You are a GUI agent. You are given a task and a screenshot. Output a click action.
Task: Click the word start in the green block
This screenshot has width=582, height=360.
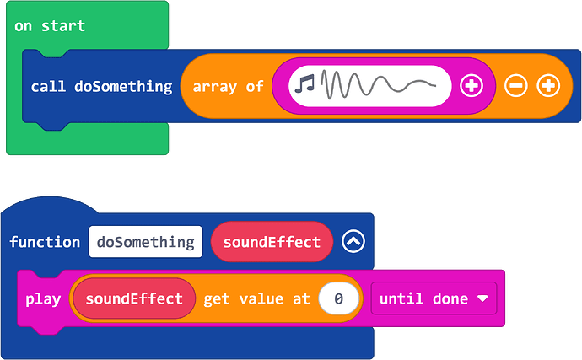(63, 26)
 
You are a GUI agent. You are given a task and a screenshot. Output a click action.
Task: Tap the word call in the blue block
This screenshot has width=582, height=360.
(48, 87)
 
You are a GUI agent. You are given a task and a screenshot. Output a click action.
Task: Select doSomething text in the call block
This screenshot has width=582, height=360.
(123, 87)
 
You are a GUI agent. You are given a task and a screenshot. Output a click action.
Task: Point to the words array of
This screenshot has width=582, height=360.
(228, 87)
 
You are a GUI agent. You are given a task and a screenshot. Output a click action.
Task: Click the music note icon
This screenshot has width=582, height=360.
(304, 83)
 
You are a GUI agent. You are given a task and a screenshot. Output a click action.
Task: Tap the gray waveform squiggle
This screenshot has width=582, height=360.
(378, 85)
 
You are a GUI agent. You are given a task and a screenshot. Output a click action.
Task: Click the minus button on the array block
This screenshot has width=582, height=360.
(515, 86)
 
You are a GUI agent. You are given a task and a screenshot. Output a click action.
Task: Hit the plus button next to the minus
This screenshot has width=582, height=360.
(548, 86)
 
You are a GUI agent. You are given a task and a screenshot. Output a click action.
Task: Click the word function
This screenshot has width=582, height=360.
(45, 242)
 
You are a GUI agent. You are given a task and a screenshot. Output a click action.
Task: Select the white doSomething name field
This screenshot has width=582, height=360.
(145, 242)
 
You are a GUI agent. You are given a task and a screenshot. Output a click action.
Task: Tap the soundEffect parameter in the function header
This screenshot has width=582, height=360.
(272, 242)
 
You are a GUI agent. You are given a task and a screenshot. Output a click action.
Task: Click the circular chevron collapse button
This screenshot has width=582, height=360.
(353, 241)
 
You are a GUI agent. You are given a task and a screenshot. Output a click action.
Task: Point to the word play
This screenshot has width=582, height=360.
(43, 299)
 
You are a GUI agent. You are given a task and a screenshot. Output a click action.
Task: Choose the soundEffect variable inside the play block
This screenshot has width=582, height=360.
(134, 298)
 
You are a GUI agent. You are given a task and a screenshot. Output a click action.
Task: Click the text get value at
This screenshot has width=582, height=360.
(256, 298)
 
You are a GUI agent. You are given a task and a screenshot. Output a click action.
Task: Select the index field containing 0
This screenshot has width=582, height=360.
(338, 298)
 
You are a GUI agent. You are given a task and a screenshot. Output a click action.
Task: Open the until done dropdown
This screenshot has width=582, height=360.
(434, 298)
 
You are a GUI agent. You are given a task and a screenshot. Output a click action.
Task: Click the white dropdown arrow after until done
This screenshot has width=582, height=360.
(482, 298)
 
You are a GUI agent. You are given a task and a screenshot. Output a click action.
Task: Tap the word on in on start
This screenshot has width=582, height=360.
(23, 26)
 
